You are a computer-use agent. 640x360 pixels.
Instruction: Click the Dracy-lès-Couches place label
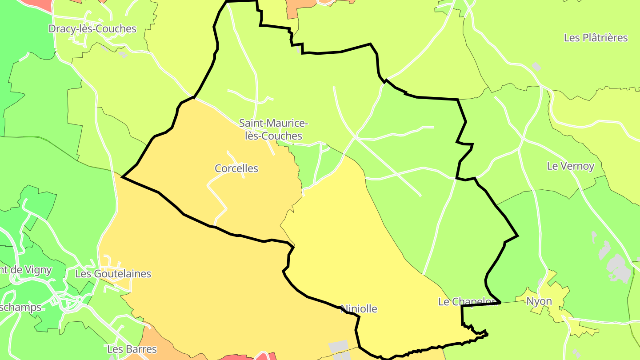92,29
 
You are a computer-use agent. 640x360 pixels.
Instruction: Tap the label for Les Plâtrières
596,38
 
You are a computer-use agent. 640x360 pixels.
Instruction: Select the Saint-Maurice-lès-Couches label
274,129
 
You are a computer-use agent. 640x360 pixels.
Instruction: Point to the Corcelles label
236,168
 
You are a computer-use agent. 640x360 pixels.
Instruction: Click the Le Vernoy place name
570,166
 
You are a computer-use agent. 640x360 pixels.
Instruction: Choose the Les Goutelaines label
113,274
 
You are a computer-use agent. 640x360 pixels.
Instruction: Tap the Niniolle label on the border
359,309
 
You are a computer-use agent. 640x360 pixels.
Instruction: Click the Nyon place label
539,301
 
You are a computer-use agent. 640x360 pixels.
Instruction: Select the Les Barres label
132,349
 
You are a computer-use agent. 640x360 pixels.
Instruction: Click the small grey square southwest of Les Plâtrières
536,67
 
